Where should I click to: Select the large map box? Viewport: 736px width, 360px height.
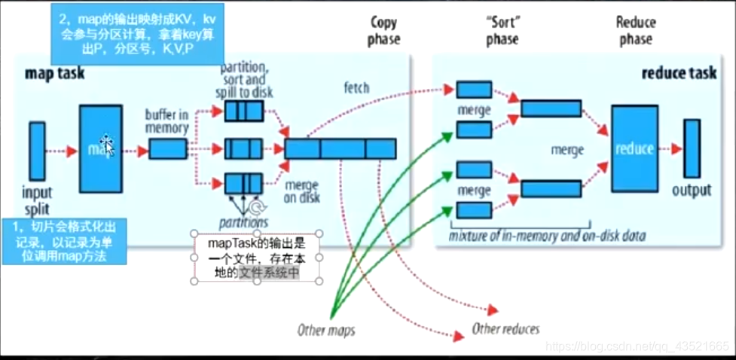(100, 148)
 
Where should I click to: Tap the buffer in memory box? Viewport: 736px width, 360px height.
(168, 149)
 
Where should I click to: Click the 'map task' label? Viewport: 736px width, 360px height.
(54, 73)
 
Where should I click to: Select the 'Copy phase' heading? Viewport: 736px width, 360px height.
(383, 30)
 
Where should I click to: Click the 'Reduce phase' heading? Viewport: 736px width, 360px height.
(636, 30)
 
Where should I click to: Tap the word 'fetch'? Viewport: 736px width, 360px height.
(356, 88)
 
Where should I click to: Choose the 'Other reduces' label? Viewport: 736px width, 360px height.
(505, 328)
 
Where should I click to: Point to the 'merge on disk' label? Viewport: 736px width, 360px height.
(303, 191)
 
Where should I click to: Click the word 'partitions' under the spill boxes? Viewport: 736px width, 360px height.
(243, 223)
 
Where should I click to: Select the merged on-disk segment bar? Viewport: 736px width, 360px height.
(340, 149)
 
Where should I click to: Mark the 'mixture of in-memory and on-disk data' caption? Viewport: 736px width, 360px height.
(548, 236)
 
